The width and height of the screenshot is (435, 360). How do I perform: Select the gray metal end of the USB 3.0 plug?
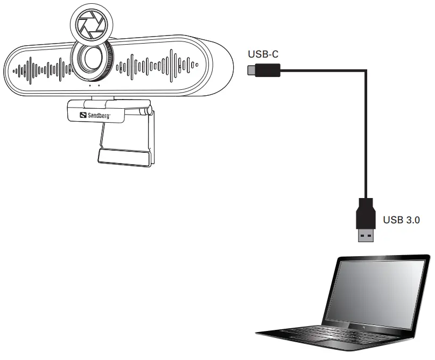366,235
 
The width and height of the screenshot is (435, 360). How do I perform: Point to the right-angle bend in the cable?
366,70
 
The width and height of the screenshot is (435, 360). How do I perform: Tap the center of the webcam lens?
90,62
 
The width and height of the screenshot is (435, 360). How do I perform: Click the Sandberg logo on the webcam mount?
96,114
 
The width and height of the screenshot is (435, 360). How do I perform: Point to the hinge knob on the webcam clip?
146,111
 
